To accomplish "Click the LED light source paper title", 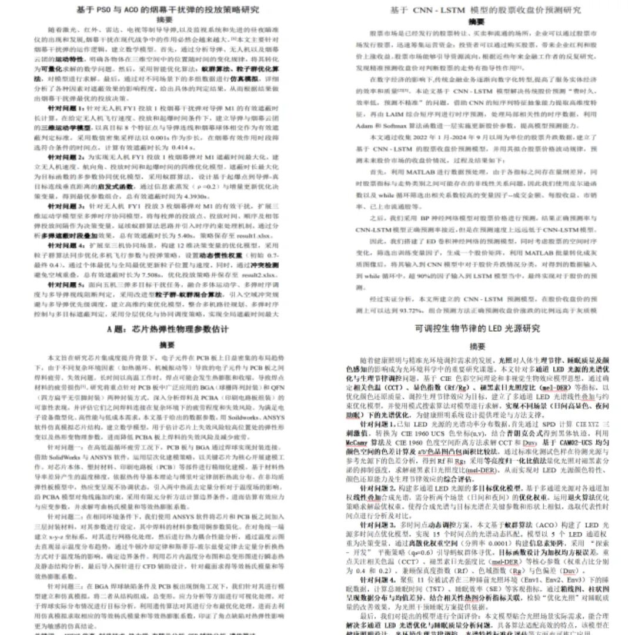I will [477, 328].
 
